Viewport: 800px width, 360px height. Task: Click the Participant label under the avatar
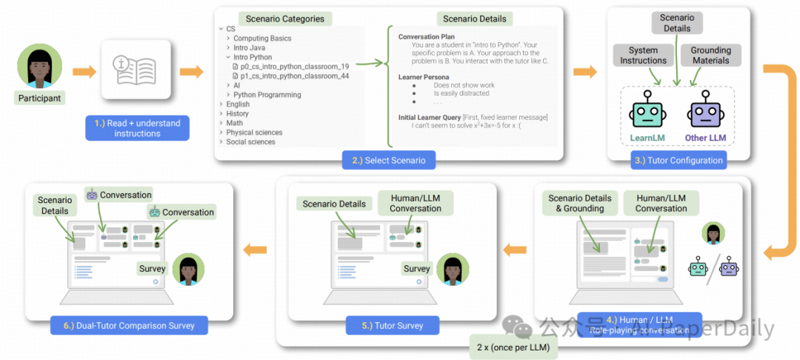click(x=39, y=98)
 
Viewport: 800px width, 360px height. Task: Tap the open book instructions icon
click(x=137, y=73)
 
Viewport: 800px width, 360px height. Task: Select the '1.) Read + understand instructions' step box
click(x=137, y=128)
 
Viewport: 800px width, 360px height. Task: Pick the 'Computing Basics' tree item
click(x=262, y=38)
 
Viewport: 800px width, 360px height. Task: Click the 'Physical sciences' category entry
click(x=254, y=133)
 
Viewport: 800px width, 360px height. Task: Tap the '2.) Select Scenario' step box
click(x=389, y=159)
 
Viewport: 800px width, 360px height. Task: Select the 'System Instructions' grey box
click(x=643, y=56)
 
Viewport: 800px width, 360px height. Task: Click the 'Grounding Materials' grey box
click(x=710, y=56)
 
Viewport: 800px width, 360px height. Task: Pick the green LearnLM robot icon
click(x=647, y=112)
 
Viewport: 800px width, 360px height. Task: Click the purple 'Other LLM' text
click(x=705, y=138)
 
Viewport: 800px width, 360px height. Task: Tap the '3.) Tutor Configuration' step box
click(x=677, y=160)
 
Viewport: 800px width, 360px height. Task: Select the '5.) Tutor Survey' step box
click(x=393, y=325)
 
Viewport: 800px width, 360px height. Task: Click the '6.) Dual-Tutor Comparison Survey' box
click(x=129, y=325)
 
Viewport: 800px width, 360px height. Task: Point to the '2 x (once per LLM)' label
click(x=513, y=346)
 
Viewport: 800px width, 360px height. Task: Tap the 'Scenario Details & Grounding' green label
click(x=579, y=204)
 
